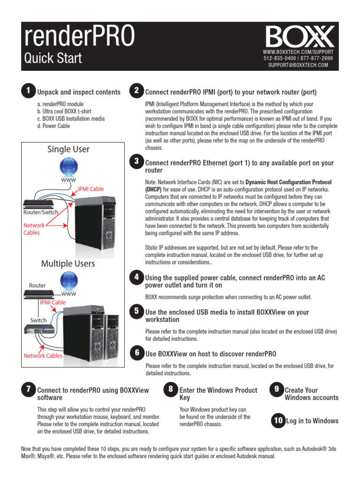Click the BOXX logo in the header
pos(300,36)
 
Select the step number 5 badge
pos(136,311)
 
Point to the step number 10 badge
pos(278,420)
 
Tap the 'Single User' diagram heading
pos(68,150)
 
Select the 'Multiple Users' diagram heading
pos(68,263)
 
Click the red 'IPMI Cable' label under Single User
pos(90,189)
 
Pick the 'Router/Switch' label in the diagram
pos(41,212)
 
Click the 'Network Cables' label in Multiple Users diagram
pos(43,356)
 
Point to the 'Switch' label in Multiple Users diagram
pos(38,320)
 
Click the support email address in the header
pos(298,65)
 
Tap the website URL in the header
pos(298,51)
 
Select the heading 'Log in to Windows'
pos(312,420)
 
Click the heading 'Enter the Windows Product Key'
pos(218,394)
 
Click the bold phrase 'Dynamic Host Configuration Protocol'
pos(288,181)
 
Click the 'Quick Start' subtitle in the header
pos(52,59)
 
